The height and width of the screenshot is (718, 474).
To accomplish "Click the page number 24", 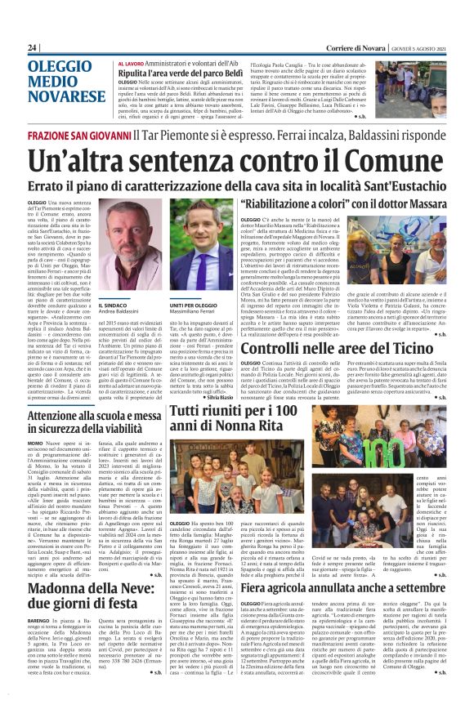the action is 33,47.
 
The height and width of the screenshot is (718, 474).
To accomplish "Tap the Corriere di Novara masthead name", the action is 351,47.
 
